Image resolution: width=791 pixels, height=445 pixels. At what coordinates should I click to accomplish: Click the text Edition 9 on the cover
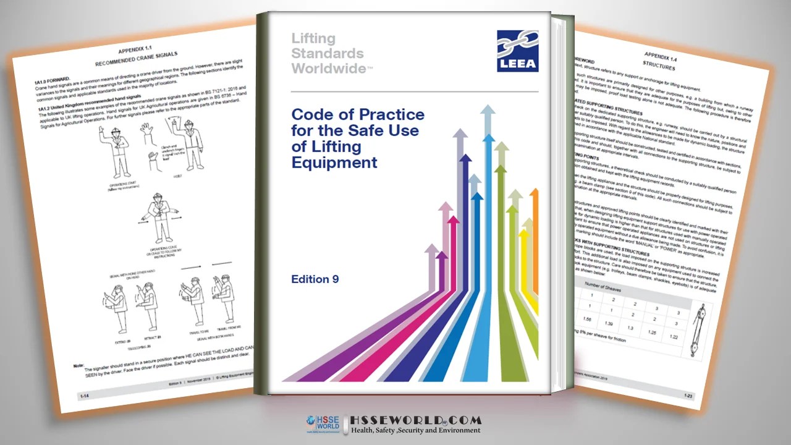pos(315,279)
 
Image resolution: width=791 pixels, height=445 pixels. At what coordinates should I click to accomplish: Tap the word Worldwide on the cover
pos(328,69)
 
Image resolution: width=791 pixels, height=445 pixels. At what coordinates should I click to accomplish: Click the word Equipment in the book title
pos(334,163)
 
